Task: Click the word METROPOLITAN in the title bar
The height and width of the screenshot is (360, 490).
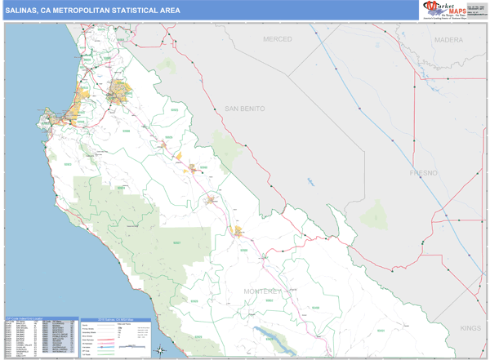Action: point(87,11)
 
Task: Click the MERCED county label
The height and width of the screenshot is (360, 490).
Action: point(277,39)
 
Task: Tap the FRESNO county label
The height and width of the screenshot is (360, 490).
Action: point(424,173)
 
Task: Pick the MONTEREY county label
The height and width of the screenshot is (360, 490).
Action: point(262,291)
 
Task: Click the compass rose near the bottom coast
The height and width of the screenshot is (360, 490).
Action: point(161,351)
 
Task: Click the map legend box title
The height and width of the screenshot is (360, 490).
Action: point(117,319)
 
